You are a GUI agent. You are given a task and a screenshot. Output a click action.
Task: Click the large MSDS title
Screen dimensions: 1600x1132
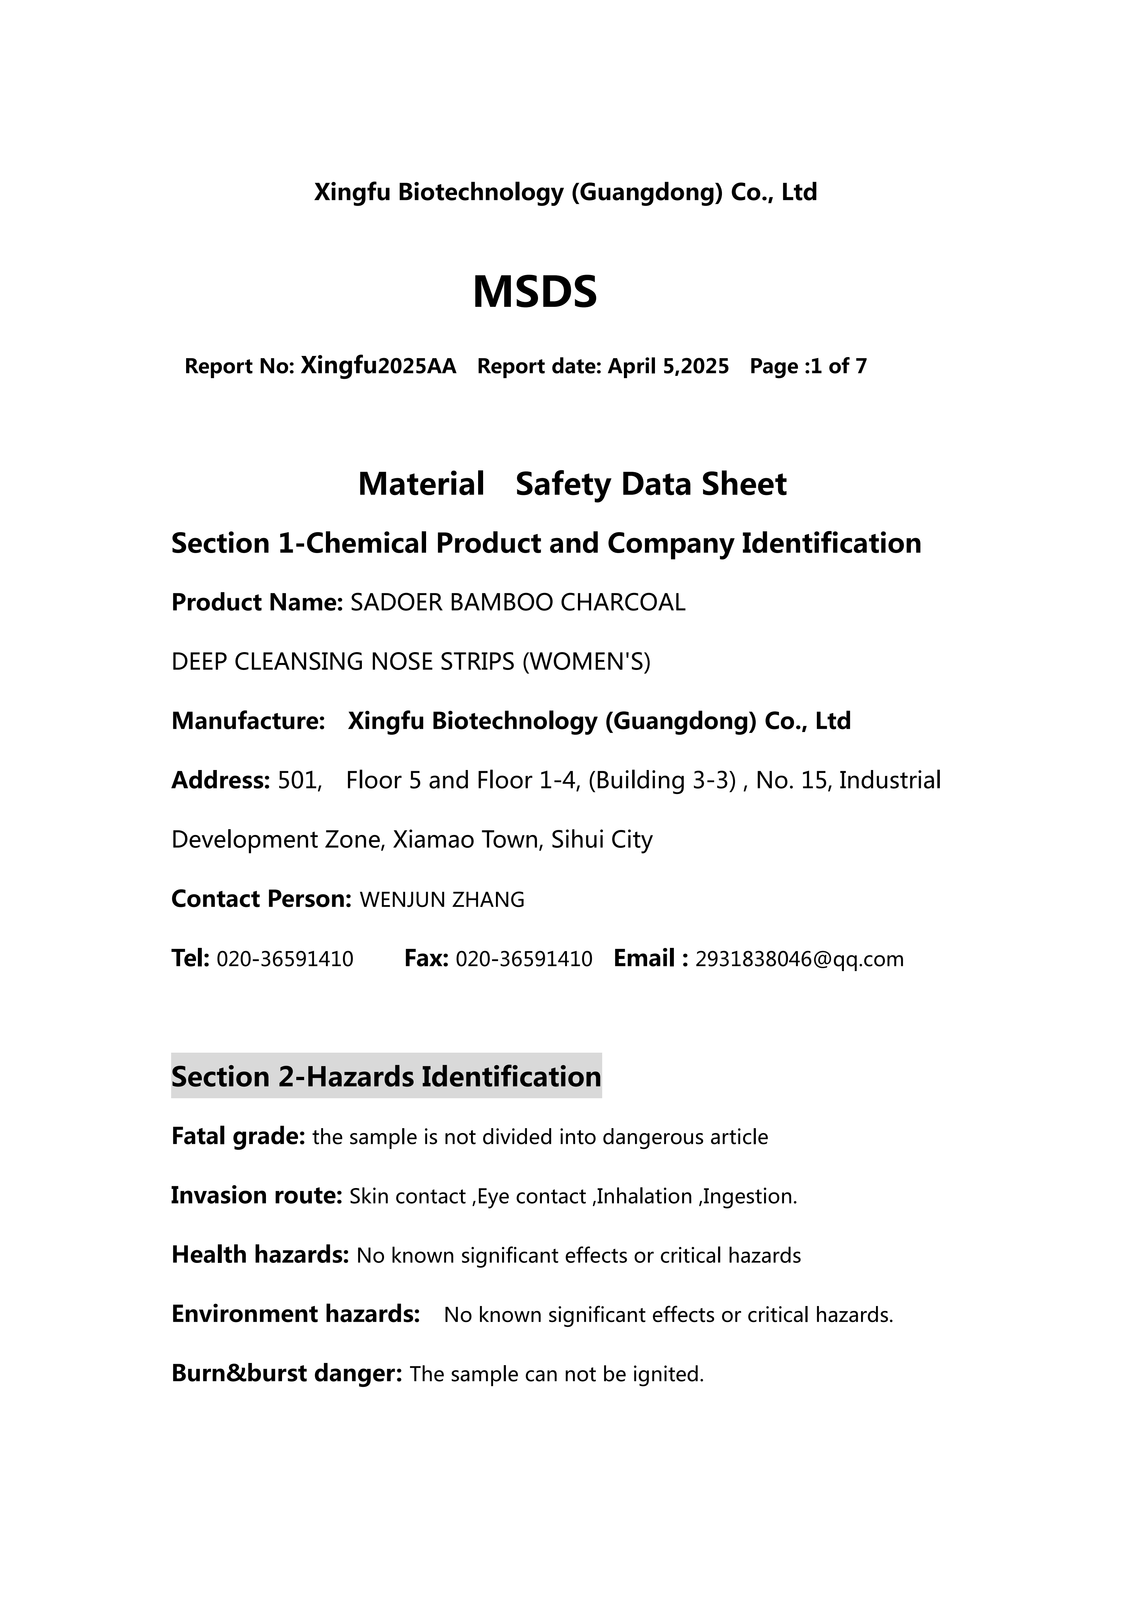coord(535,292)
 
